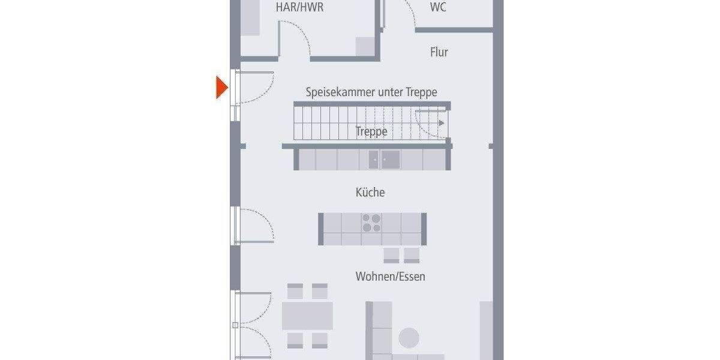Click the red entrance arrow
pos(223,88)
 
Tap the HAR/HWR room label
pos(299,8)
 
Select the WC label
pos(438,8)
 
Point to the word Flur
pos(439,52)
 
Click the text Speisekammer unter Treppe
pos(371,92)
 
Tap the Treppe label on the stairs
pos(371,131)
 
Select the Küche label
pos(370,193)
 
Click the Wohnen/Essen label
pos(390,277)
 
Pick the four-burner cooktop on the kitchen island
pos(371,223)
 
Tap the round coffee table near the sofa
pos(410,337)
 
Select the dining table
pos(307,316)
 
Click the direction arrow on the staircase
pos(441,123)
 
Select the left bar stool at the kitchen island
pos(391,255)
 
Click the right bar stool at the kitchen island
pos(412,255)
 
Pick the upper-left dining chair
pos(295,291)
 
